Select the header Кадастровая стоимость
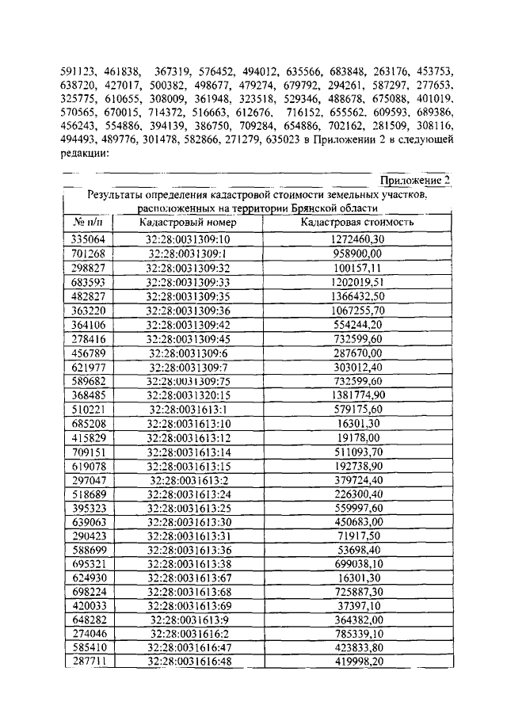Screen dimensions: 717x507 357,223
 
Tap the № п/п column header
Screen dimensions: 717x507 88,223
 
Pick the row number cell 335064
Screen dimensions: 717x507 88,238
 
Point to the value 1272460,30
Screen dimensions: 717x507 357,238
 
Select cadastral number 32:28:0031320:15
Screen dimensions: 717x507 188,395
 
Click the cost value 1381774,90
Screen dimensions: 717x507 357,395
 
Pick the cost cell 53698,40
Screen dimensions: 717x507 357,552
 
